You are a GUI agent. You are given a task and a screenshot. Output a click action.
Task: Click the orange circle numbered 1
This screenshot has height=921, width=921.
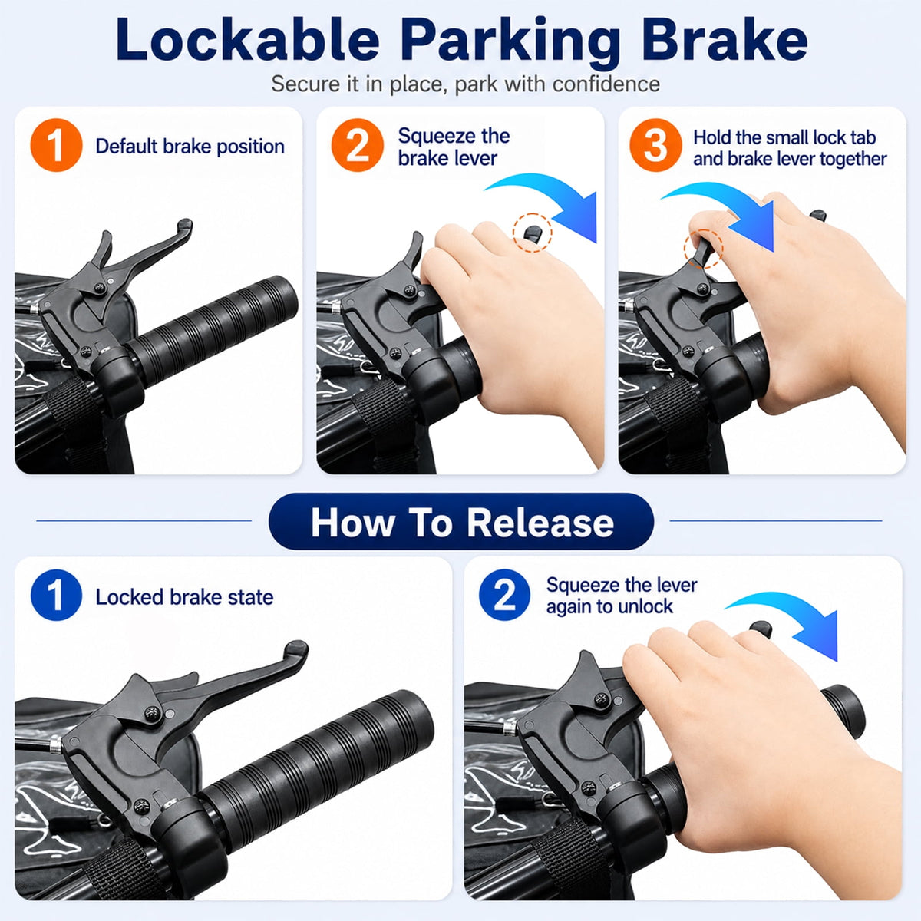(x=56, y=145)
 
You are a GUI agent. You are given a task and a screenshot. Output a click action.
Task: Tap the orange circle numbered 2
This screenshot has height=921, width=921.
(x=358, y=145)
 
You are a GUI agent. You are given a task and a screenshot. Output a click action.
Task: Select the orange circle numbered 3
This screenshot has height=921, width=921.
(x=655, y=145)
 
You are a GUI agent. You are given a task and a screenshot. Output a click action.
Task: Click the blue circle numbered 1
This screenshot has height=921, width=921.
(x=56, y=596)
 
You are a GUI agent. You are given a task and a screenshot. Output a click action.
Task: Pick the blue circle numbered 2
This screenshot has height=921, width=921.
(x=505, y=595)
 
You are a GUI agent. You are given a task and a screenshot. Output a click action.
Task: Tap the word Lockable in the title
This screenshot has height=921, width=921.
(x=248, y=39)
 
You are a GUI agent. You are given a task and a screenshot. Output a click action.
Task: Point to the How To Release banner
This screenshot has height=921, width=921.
(x=461, y=521)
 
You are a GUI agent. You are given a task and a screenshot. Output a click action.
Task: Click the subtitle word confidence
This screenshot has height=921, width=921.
(x=606, y=84)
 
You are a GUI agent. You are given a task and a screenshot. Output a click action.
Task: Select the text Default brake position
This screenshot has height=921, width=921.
(x=190, y=147)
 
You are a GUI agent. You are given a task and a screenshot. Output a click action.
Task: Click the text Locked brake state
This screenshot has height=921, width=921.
(x=184, y=597)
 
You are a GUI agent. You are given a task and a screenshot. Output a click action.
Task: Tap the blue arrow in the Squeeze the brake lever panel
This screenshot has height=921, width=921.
(x=554, y=201)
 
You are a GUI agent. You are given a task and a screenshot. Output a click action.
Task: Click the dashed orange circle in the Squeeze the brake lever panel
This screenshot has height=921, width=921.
(x=533, y=232)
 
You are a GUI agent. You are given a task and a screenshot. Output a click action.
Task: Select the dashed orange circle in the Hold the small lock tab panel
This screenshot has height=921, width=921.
(x=703, y=249)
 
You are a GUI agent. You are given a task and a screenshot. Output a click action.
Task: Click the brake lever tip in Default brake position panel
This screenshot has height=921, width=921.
(x=186, y=225)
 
